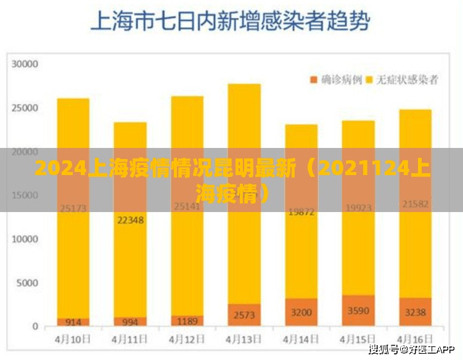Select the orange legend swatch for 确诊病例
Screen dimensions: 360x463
[314, 80]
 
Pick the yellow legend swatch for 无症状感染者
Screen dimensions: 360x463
[370, 80]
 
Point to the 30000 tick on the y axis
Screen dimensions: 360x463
[25, 63]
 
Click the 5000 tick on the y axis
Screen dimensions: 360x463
[28, 283]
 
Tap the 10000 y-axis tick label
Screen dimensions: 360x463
[25, 239]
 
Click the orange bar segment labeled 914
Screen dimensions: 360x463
[73, 322]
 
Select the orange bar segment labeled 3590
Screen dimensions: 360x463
[358, 311]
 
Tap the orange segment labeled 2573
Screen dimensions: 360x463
[244, 315]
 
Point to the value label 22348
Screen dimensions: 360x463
[130, 219]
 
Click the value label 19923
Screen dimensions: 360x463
[358, 208]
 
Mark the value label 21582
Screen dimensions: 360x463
[416, 203]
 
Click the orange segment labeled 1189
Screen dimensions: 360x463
[187, 321]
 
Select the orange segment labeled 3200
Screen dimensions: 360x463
[301, 313]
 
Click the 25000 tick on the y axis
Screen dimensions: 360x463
[25, 108]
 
